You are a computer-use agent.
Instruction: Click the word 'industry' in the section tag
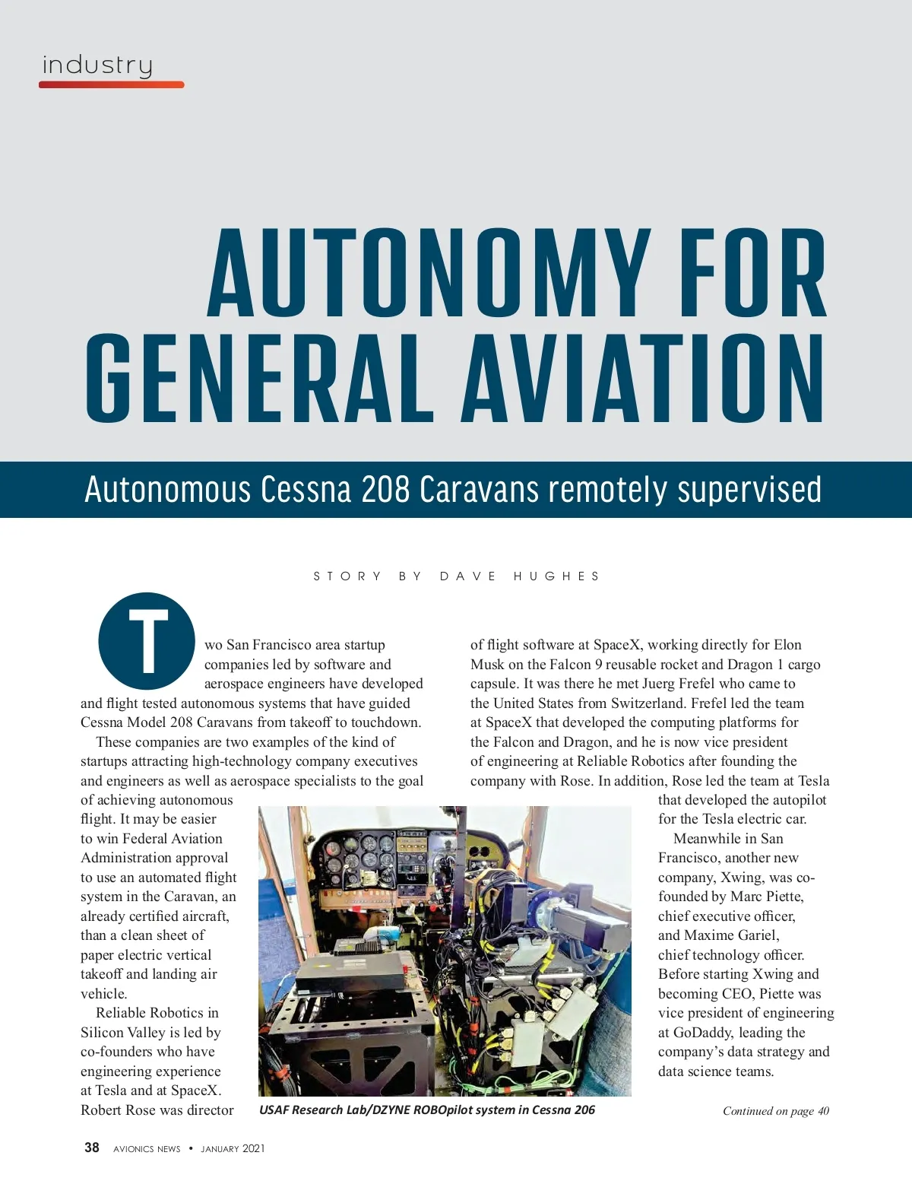97,65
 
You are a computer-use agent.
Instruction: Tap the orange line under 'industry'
111,84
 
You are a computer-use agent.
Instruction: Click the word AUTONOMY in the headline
429,274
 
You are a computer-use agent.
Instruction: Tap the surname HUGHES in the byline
556,576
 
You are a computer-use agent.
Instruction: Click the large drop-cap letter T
147,641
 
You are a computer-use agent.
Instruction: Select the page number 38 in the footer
92,1148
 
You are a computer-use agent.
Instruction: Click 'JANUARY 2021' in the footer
233,1148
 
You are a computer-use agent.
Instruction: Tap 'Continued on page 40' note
775,1111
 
